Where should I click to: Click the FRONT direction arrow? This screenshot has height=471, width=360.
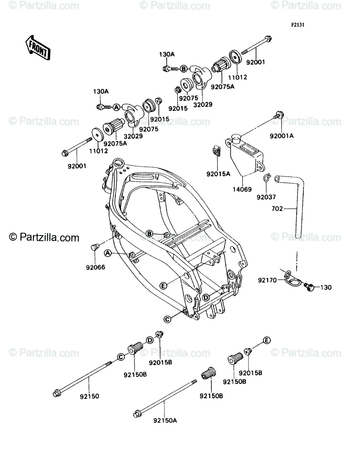tap(38, 47)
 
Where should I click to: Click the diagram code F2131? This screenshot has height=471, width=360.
tap(298, 25)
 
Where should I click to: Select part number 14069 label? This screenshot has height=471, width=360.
tap(242, 189)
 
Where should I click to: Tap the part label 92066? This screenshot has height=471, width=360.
tap(95, 267)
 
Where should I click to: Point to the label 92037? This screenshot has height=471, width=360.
tap(266, 197)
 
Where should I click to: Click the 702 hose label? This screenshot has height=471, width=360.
tap(277, 208)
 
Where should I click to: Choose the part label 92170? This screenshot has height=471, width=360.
tap(267, 280)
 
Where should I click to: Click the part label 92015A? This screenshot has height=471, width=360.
tap(218, 174)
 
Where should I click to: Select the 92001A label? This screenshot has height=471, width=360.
tap(281, 136)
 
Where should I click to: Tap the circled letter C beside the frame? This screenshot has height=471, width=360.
tap(167, 325)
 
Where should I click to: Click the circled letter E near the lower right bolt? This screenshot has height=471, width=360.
tap(267, 340)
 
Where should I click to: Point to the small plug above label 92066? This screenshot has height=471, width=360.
tap(95, 247)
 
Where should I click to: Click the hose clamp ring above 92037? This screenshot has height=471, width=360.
tap(267, 177)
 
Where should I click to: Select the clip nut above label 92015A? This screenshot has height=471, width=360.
tap(216, 150)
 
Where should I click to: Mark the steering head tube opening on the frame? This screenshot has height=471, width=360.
tap(118, 162)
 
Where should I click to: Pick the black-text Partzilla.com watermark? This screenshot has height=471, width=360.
tap(44, 237)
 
